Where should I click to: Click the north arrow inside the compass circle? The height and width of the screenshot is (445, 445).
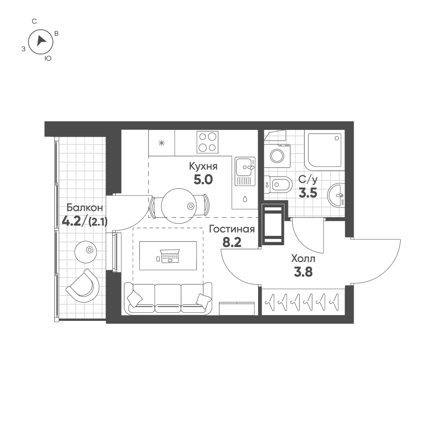click(41, 41)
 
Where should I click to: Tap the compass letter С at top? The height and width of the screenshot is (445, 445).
click(34, 21)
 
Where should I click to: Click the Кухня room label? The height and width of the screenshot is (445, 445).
click(203, 166)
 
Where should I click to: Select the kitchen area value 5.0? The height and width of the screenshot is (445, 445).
click(203, 179)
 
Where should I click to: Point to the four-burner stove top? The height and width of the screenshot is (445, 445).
click(207, 142)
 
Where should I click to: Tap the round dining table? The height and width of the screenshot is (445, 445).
click(179, 206)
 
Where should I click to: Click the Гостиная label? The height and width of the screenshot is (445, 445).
click(232, 229)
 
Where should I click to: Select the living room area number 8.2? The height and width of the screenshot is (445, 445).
click(232, 243)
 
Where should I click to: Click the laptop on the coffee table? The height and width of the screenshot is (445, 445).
click(170, 256)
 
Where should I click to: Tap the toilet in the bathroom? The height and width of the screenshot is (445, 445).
click(278, 186)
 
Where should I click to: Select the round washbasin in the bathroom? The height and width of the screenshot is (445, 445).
click(336, 195)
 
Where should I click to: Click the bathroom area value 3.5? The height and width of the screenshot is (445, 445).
click(307, 193)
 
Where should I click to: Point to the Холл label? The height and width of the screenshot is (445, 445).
click(303, 259)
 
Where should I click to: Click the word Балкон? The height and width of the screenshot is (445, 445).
click(85, 208)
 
